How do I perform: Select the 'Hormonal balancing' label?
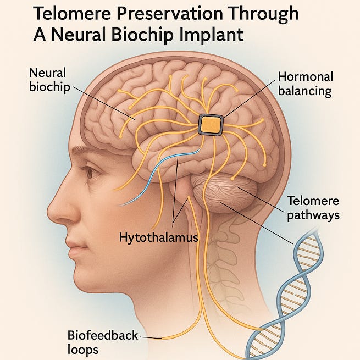(304, 84)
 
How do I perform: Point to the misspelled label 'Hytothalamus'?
(158, 237)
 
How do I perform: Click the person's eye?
(89, 173)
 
